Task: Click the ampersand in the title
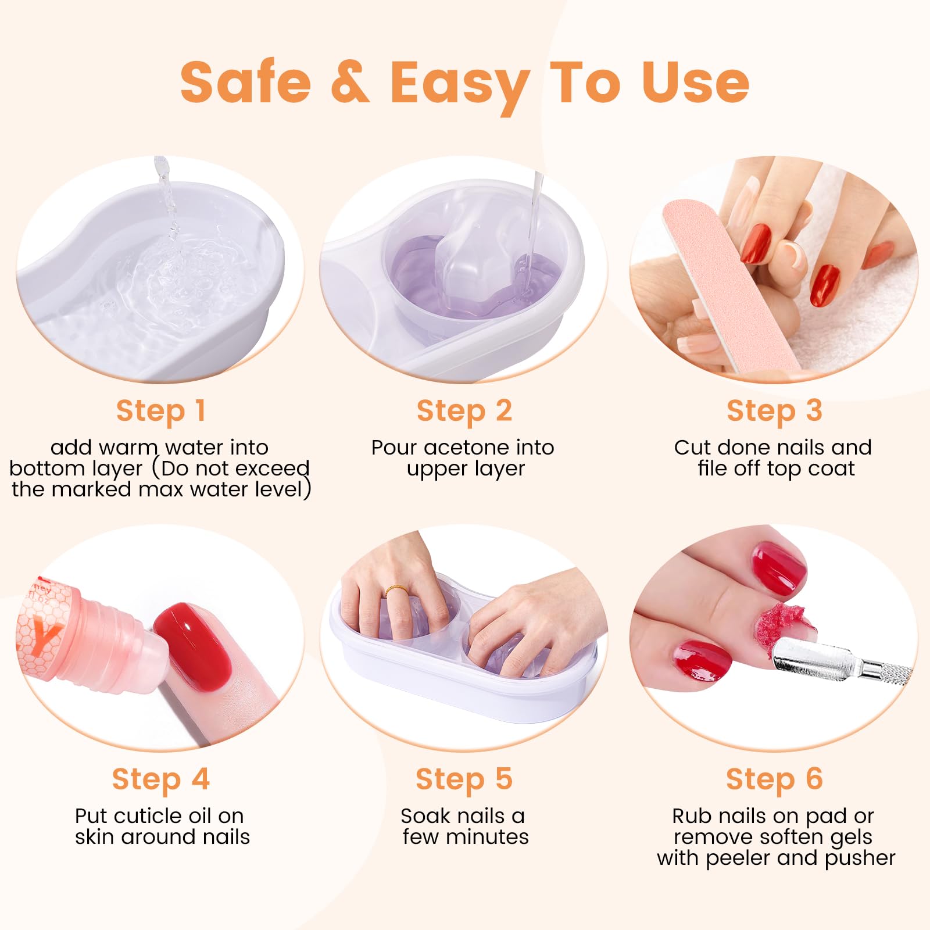click(350, 82)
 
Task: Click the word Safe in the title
click(246, 82)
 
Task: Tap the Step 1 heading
click(161, 411)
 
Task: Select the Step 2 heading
click(464, 411)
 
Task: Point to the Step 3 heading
click(774, 411)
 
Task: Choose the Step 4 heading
click(161, 779)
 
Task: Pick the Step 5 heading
click(464, 779)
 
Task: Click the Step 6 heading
click(774, 779)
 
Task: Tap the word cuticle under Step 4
click(162, 816)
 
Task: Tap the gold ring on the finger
click(395, 591)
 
